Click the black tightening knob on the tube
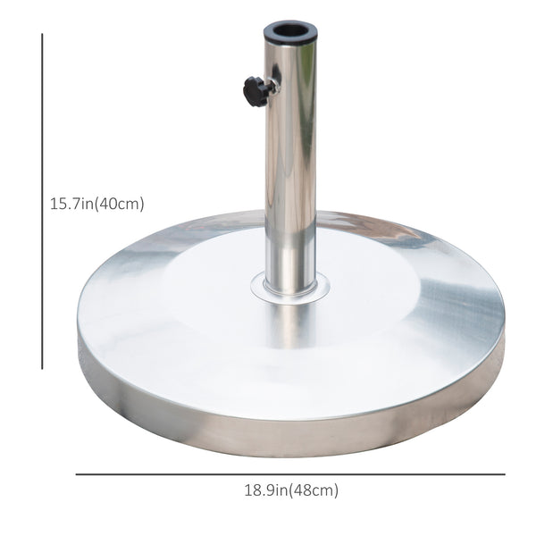(255, 91)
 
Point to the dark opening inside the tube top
(290, 29)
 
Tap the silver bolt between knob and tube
(272, 88)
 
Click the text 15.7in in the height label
(71, 204)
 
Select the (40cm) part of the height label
(120, 204)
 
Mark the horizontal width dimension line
(290, 474)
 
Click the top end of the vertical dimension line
(42, 35)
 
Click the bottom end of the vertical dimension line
(42, 368)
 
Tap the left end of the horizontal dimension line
(77, 474)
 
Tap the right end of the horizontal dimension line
(504, 474)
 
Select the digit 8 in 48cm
(312, 490)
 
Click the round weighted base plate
(179, 331)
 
